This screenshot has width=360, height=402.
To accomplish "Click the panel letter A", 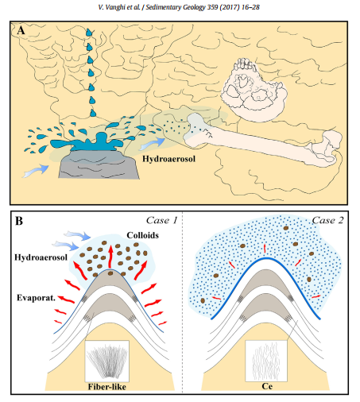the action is tap(21, 31).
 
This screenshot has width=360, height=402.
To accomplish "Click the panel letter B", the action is tap(19, 221).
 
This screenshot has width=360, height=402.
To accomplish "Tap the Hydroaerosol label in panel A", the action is tap(168, 159).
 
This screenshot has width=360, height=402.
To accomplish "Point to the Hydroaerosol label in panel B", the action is tap(41, 257).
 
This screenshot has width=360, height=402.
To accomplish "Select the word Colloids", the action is tap(142, 235).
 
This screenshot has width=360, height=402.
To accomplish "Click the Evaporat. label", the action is tap(36, 298).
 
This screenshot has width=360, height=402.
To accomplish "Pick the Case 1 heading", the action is tap(161, 220).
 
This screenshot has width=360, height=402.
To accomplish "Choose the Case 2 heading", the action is tap(327, 220).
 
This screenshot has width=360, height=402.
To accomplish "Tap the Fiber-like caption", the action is tap(107, 387).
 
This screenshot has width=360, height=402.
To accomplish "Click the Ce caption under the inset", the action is tap(267, 386).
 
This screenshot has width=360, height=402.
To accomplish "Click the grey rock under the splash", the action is tap(99, 164).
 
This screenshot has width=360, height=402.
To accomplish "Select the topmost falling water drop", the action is tap(89, 33).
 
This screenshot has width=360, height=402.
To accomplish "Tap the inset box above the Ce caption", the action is tap(266, 361).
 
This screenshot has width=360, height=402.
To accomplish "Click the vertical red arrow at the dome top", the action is tap(110, 257).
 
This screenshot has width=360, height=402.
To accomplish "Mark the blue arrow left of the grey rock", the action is tap(36, 171).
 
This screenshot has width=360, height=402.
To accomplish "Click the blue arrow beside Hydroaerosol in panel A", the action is tap(153, 144).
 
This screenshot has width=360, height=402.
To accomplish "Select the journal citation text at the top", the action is tap(179, 7).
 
